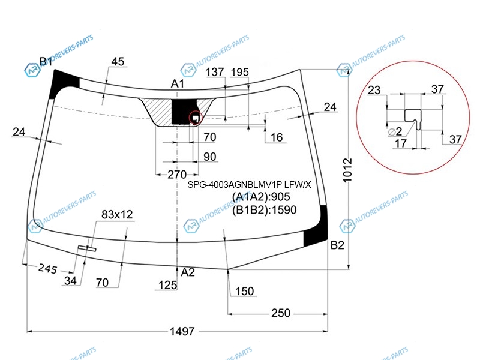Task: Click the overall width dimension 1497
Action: point(182,331)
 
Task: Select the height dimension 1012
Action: point(347,170)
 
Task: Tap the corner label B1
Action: point(46,62)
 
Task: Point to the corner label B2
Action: point(337,245)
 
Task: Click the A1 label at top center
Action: point(177,83)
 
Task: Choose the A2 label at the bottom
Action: point(188,272)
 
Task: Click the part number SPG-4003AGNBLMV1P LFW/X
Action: point(249,185)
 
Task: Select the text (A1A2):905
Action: point(261,197)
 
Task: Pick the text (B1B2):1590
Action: point(264,210)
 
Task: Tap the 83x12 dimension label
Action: point(117,215)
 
